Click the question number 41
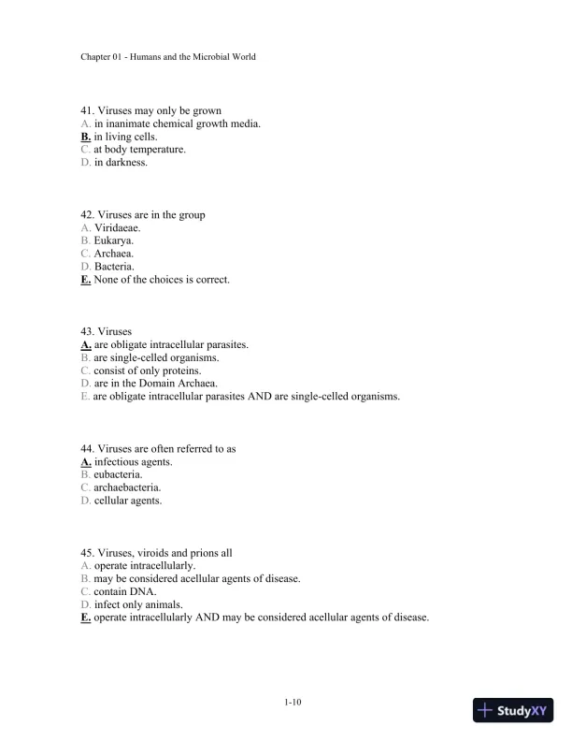click(x=88, y=110)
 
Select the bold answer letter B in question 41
click(x=86, y=137)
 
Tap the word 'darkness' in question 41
click(x=126, y=163)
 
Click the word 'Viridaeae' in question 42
click(x=118, y=227)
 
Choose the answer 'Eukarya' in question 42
click(x=113, y=240)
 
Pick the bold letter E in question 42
click(x=86, y=279)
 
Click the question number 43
click(x=88, y=331)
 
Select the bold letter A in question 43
click(x=86, y=344)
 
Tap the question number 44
click(x=88, y=448)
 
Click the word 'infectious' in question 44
click(x=118, y=461)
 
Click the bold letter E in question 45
click(x=86, y=617)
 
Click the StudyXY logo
click(x=513, y=710)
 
